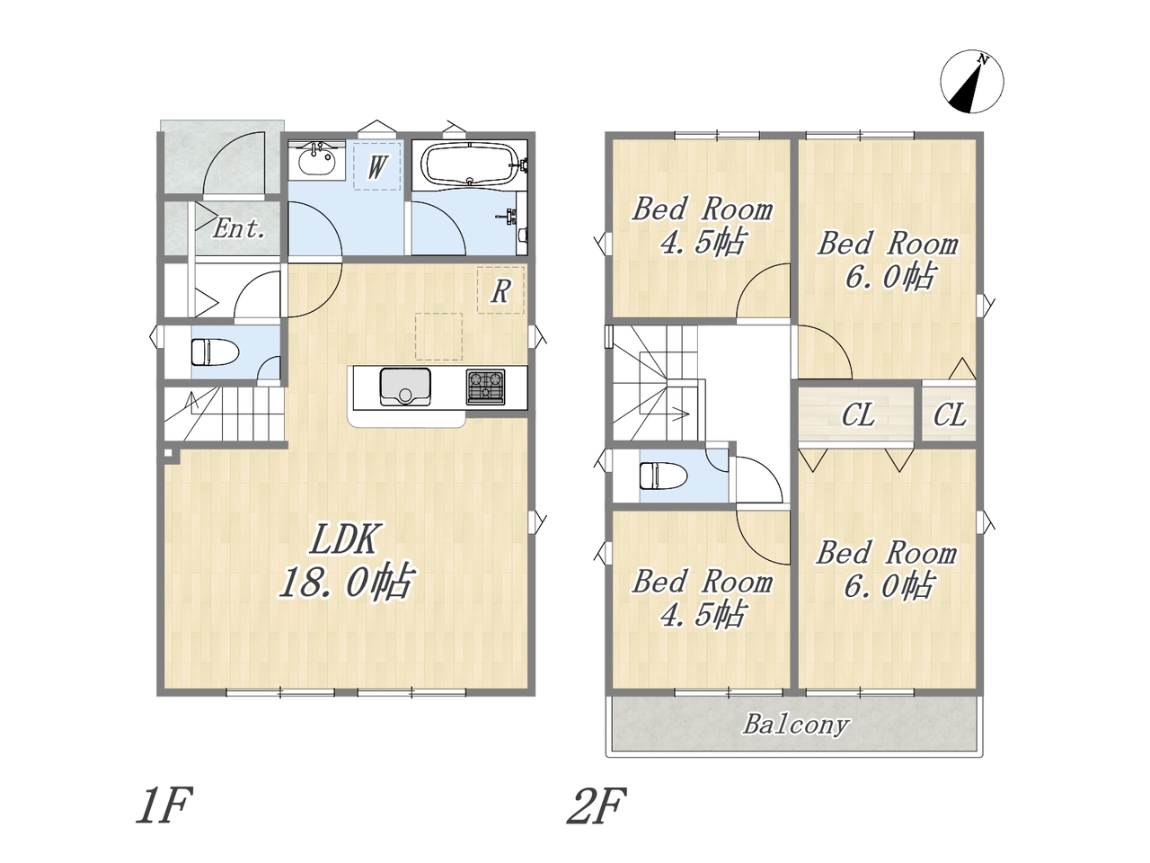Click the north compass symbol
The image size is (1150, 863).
click(971, 81)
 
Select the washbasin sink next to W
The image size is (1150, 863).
click(316, 160)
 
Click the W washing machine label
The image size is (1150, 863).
click(376, 167)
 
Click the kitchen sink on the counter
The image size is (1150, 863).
click(405, 387)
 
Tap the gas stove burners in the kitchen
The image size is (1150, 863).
click(485, 387)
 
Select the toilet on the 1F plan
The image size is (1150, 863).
click(216, 352)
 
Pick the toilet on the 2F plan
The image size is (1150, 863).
click(663, 476)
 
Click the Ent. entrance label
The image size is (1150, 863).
click(238, 228)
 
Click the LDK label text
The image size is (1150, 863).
click(344, 538)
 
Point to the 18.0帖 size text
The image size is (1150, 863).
click(346, 581)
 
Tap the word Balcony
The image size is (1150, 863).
click(795, 725)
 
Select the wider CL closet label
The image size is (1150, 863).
click(858, 416)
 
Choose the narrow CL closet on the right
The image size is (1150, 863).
click(950, 416)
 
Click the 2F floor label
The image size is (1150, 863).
click(597, 805)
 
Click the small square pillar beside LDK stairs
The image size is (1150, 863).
click(168, 453)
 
